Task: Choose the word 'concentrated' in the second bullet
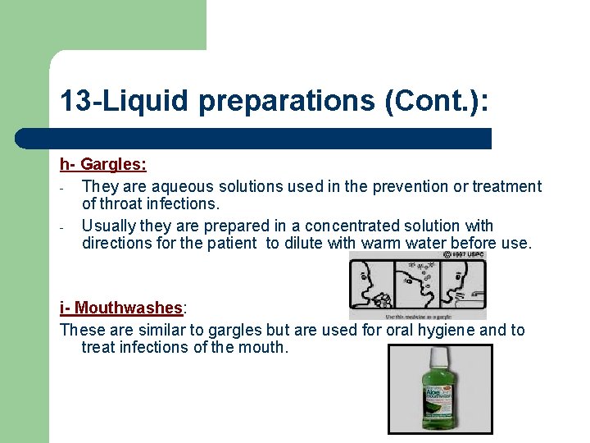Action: pos(352,226)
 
